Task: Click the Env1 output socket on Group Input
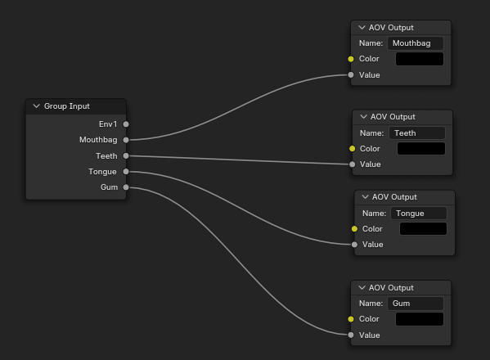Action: tap(126, 124)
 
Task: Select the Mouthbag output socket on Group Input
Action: tap(126, 140)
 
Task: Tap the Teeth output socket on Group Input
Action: tap(126, 155)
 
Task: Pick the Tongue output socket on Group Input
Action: tap(126, 172)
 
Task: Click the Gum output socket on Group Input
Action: tap(126, 187)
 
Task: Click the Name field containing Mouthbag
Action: tap(416, 43)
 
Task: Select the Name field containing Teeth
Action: tap(417, 133)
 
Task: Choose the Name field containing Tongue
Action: tap(419, 213)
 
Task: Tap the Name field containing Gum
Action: tap(416, 304)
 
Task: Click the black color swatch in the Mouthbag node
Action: tap(420, 59)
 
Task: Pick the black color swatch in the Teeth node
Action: tap(421, 148)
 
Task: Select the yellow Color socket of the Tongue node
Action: tap(354, 229)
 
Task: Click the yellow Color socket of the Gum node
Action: tap(351, 319)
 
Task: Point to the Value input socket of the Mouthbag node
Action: tap(351, 75)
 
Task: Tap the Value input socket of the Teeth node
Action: tap(353, 164)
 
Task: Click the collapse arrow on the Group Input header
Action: tap(37, 106)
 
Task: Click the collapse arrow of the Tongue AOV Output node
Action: tap(365, 197)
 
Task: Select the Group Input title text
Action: tap(67, 106)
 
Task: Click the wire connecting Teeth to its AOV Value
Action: tap(239, 160)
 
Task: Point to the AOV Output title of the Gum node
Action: tap(391, 288)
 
